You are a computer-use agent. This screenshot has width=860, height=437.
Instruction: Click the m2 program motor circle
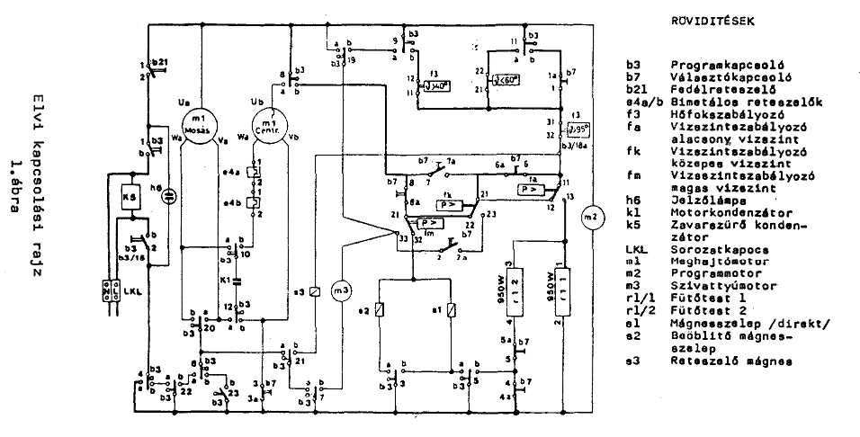click(590, 218)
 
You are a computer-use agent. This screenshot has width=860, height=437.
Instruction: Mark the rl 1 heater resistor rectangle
click(565, 285)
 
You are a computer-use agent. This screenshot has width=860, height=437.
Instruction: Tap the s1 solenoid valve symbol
click(452, 310)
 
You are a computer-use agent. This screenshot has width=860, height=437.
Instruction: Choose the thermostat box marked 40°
click(437, 86)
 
